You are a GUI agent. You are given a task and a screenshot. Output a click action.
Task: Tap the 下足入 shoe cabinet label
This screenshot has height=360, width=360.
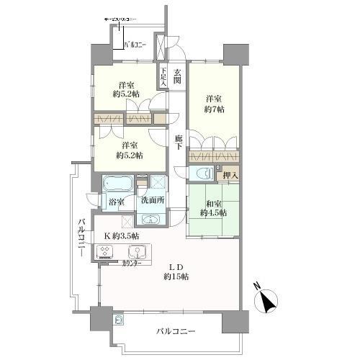(x=163, y=77)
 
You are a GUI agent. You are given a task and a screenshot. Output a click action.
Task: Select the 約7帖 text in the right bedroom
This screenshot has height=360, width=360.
(x=214, y=109)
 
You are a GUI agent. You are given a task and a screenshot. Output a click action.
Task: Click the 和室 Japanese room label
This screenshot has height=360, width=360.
(x=214, y=202)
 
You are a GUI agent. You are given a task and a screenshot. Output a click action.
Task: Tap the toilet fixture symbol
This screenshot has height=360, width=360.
(x=202, y=174)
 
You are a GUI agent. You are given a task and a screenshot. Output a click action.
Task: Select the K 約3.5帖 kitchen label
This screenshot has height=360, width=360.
(x=120, y=236)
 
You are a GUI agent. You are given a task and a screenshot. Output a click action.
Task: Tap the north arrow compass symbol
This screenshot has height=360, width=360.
(x=268, y=301)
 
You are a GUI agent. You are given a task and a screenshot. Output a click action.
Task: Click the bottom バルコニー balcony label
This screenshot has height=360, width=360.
(x=176, y=332)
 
